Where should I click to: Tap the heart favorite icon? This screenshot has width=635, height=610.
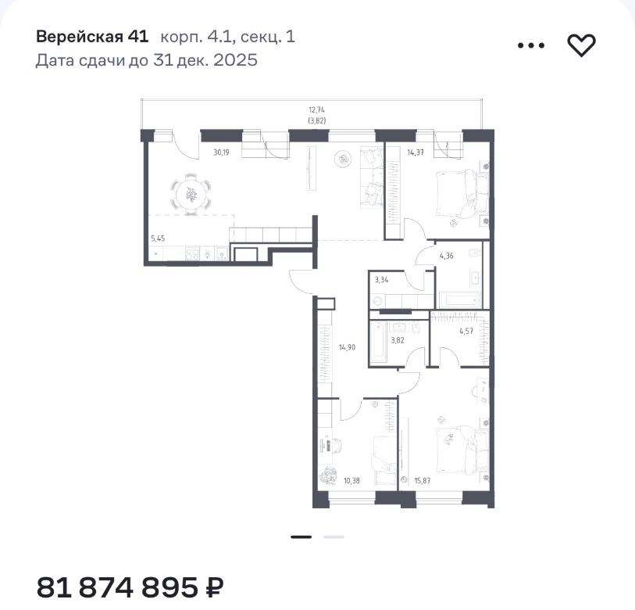[581, 45]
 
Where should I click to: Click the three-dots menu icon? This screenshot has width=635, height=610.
[531, 45]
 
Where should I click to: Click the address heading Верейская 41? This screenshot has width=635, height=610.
[92, 37]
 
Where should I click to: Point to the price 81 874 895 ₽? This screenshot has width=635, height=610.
[130, 587]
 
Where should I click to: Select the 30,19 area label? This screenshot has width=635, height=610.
[221, 152]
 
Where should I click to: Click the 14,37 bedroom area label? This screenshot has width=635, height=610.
[416, 152]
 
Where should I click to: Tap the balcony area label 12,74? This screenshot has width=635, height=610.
[316, 109]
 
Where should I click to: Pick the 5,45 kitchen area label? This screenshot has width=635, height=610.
[158, 239]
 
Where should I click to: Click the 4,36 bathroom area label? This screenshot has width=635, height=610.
[447, 256]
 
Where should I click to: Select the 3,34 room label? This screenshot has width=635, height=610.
[381, 279]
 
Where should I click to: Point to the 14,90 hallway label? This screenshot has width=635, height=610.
[347, 347]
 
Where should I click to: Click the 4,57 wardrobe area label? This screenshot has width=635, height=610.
[466, 331]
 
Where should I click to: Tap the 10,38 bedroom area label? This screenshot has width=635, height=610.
[351, 481]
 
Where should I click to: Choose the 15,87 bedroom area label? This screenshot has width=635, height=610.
[423, 481]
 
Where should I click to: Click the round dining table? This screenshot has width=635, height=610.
[191, 194]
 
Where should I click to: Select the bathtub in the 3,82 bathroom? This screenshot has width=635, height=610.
[379, 340]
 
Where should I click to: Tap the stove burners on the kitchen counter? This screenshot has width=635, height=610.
[192, 254]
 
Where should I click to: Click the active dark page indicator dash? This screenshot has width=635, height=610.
[301, 537]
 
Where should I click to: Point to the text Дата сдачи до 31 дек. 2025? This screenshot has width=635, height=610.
[147, 60]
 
